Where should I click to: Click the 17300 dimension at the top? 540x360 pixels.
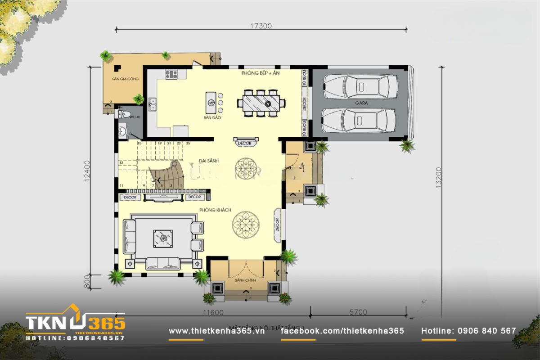[x=261, y=26]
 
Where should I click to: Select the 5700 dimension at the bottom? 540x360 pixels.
[x=358, y=312]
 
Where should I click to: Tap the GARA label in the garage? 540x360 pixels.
[x=361, y=103]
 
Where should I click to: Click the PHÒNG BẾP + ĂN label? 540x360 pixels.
[x=261, y=72]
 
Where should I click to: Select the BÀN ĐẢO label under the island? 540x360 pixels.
[x=211, y=118]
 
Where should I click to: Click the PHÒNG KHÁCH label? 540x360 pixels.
[x=215, y=210]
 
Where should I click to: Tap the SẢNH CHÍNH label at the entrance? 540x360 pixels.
[x=246, y=280]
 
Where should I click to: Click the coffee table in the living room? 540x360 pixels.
[x=162, y=237]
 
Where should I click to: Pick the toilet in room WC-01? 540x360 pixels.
[x=124, y=114]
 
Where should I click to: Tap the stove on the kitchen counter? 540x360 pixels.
[x=171, y=74]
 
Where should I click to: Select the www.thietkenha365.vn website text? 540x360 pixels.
[x=216, y=331]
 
